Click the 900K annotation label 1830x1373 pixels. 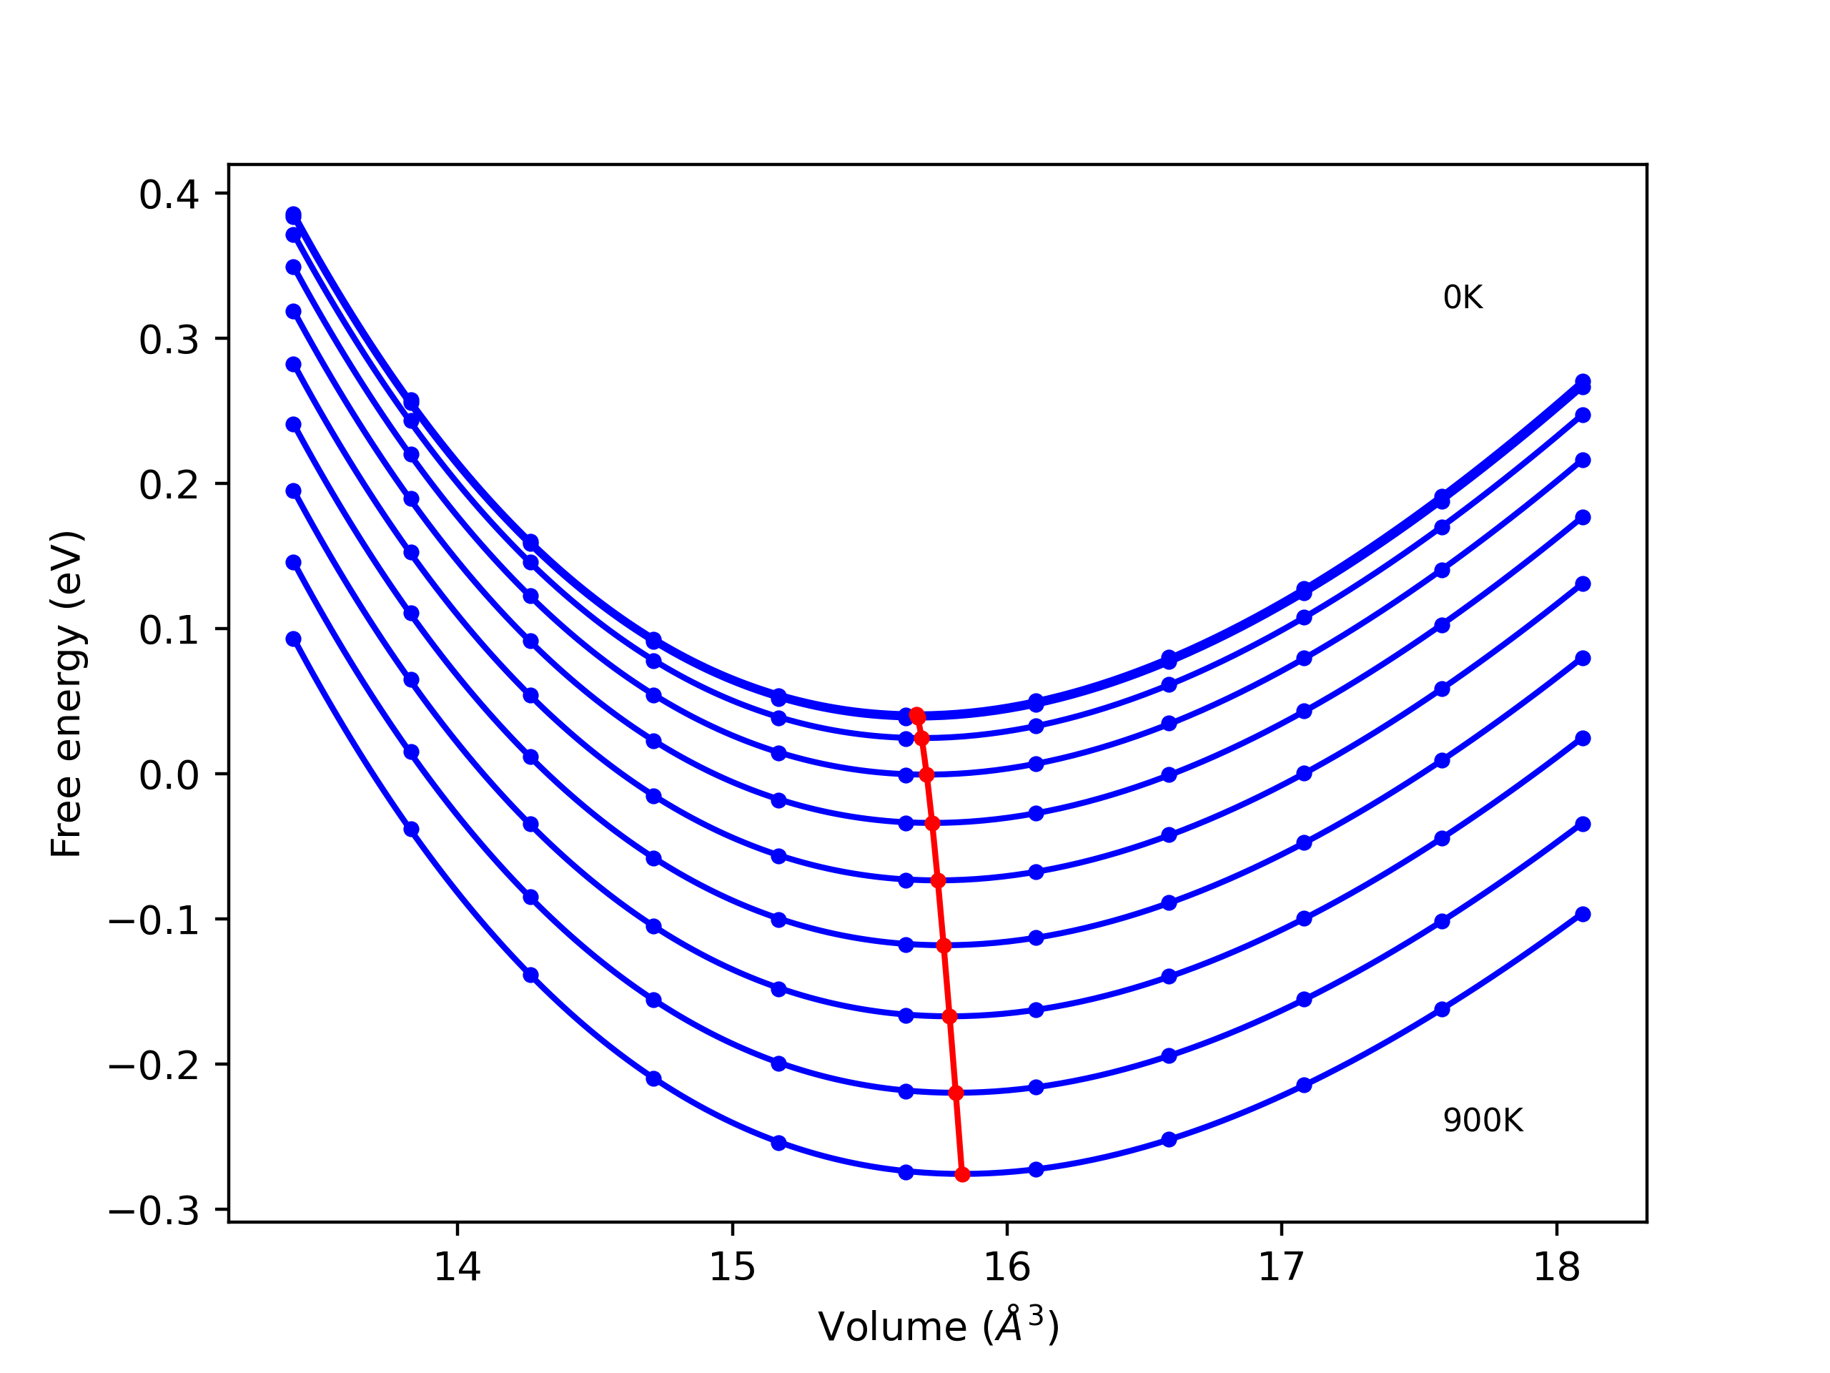pyautogui.click(x=1483, y=1121)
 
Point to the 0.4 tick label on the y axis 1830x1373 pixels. pyautogui.click(x=169, y=195)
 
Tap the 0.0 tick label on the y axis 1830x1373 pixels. pyautogui.click(x=169, y=775)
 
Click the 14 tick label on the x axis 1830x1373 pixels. pyautogui.click(x=457, y=1267)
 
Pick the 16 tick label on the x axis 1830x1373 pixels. pyautogui.click(x=1006, y=1267)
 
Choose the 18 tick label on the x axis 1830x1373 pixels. pyautogui.click(x=1556, y=1267)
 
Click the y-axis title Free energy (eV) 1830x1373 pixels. pyautogui.click(x=66, y=694)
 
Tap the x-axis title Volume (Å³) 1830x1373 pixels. pyautogui.click(x=938, y=1327)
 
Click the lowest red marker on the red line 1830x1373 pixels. pyautogui.click(x=962, y=1174)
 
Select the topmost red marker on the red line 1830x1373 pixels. pyautogui.click(x=916, y=715)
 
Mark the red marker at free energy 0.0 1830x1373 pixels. pyautogui.click(x=926, y=774)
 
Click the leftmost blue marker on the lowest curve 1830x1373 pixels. pyautogui.click(x=294, y=639)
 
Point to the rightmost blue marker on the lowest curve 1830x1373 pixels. pyautogui.click(x=1583, y=915)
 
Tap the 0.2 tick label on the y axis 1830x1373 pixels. pyautogui.click(x=169, y=485)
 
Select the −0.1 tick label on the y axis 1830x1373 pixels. pyautogui.click(x=154, y=920)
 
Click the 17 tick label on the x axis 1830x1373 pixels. pyautogui.click(x=1282, y=1267)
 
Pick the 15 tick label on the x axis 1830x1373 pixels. pyautogui.click(x=732, y=1267)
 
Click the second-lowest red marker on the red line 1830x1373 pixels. pyautogui.click(x=956, y=1093)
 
